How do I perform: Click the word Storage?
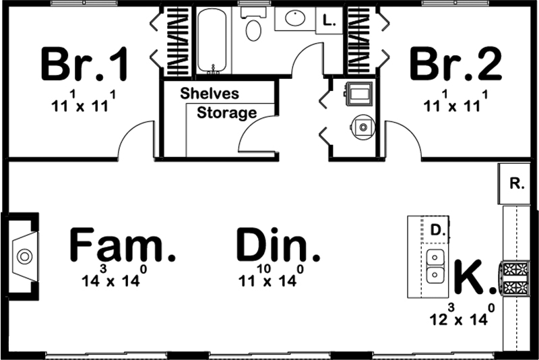[x=226, y=113]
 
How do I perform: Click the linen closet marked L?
[x=329, y=20]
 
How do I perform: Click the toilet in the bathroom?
[x=253, y=27]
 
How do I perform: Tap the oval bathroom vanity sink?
[x=295, y=18]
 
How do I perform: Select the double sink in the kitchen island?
[x=436, y=266]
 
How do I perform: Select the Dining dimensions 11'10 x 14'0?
[x=267, y=278]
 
